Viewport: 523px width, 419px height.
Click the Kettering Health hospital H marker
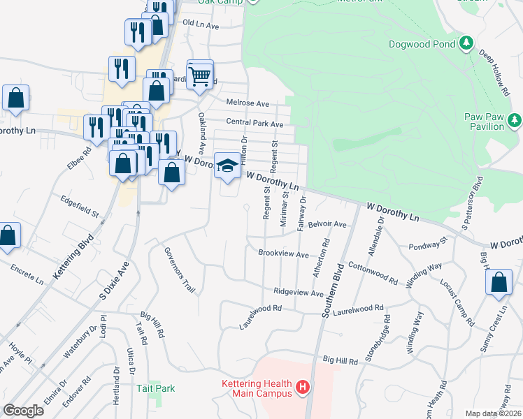point(302,386)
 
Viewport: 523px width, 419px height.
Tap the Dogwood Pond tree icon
point(466,44)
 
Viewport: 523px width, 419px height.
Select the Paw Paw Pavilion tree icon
point(515,121)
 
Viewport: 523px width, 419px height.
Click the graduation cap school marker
point(227,166)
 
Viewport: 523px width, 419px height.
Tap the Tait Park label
point(155,388)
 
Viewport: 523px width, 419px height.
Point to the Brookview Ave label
point(283,254)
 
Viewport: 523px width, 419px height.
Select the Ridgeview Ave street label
point(299,293)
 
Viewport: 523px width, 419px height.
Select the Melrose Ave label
point(248,103)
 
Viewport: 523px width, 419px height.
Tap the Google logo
point(23,411)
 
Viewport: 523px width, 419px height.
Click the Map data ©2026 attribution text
point(494,413)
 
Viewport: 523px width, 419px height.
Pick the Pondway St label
point(428,244)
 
